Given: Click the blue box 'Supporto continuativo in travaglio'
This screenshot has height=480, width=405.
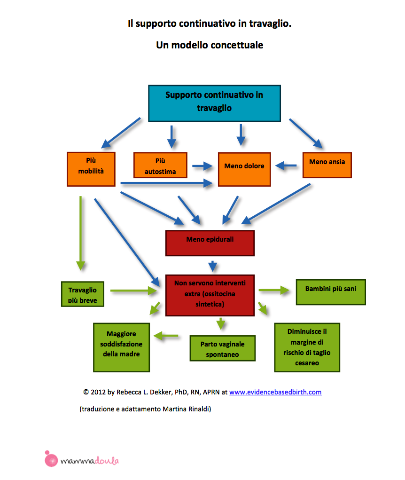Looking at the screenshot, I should click(214, 103).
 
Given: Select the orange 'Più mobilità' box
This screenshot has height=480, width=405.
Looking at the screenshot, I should click(91, 169).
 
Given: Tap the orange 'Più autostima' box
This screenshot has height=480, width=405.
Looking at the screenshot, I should click(160, 165).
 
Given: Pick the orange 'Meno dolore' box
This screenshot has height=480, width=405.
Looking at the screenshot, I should click(244, 169).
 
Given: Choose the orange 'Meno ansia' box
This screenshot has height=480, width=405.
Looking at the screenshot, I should click(327, 165).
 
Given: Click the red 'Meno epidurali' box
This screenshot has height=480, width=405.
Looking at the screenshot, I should click(210, 243).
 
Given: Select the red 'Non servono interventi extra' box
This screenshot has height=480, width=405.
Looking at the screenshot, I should click(210, 294).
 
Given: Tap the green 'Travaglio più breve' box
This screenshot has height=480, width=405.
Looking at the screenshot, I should click(82, 294).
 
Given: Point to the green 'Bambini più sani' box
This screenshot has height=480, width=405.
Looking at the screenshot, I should click(330, 291).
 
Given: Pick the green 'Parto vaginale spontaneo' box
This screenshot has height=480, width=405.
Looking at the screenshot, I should click(222, 348).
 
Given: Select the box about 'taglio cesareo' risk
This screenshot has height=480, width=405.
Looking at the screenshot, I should click(307, 347).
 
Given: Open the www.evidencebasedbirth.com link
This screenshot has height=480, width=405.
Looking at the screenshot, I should click(275, 392).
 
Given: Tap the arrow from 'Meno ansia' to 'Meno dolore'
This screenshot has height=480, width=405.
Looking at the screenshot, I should click(286, 165).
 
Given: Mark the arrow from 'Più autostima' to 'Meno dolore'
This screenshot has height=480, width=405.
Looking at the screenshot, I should click(202, 165).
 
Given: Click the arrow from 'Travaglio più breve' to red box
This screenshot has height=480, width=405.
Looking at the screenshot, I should click(134, 291).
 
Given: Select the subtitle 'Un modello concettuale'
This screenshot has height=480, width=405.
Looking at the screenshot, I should click(210, 46).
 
